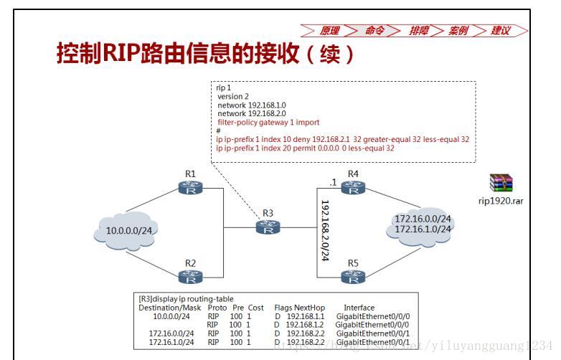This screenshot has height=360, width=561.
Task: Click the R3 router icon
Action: [x=268, y=227]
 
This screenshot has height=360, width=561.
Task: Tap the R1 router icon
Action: [x=190, y=188]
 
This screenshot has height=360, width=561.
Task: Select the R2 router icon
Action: [x=190, y=276]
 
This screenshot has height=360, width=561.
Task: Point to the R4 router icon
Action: [x=352, y=188]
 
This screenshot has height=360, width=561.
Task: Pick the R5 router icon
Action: [x=352, y=276]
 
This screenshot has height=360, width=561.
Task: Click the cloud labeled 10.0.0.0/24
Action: [x=129, y=231]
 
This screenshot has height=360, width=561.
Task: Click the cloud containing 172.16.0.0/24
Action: [x=423, y=224]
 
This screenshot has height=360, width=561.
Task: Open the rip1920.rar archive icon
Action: [x=501, y=184]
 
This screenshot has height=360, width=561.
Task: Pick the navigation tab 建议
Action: [x=501, y=31]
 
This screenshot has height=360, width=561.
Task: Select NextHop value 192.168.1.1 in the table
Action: [x=305, y=316]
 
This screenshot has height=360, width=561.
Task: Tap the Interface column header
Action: [x=359, y=308]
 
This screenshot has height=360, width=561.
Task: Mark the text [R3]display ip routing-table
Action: [x=186, y=299]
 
